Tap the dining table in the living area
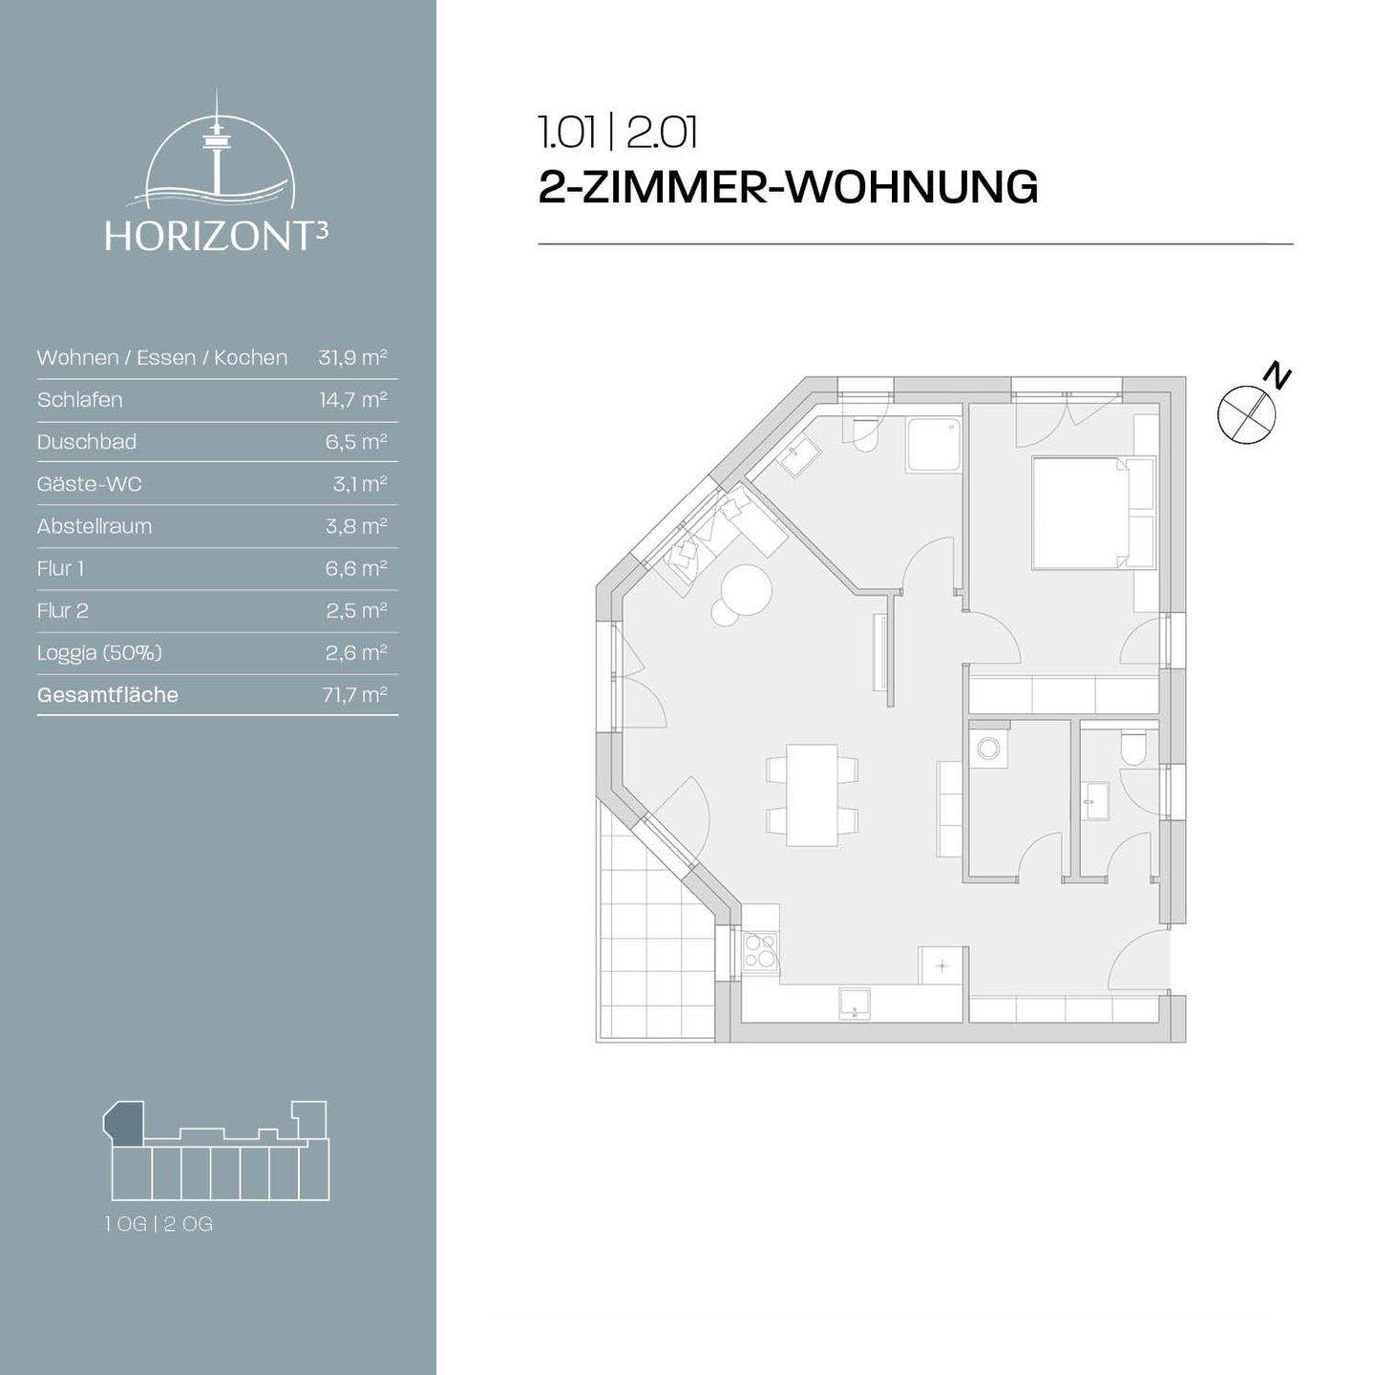(812, 794)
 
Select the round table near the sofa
(746, 589)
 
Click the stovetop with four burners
(761, 950)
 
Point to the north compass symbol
(1247, 412)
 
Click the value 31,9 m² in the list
(352, 358)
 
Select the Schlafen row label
(80, 400)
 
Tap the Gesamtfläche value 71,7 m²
(354, 695)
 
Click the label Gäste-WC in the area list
(89, 484)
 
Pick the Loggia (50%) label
(99, 653)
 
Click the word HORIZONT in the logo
(208, 237)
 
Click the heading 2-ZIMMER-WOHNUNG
(788, 186)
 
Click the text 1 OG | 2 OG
(159, 1224)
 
